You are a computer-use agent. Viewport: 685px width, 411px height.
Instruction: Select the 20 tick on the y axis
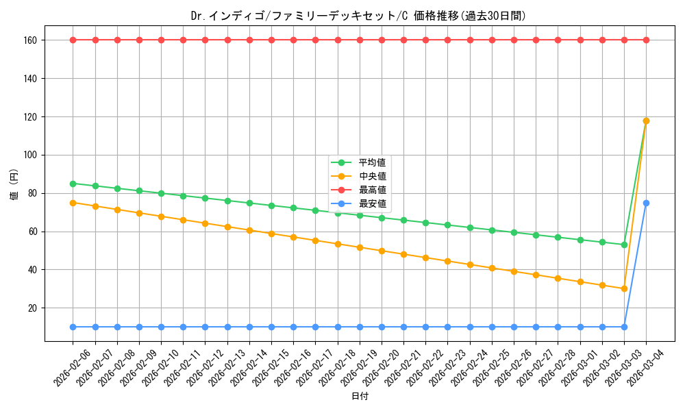pyautogui.click(x=34, y=308)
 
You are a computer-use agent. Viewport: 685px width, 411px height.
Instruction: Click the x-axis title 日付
pyautogui.click(x=360, y=397)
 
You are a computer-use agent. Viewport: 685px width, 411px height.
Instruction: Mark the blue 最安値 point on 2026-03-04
pyautogui.click(x=646, y=203)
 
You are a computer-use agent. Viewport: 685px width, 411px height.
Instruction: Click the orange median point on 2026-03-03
pyautogui.click(x=624, y=288)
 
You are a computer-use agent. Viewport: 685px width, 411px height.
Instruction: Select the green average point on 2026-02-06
pyautogui.click(x=73, y=184)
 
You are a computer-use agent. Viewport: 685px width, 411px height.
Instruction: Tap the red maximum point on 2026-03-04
pyautogui.click(x=646, y=40)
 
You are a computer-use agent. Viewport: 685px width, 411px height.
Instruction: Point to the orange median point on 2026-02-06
pyautogui.click(x=73, y=203)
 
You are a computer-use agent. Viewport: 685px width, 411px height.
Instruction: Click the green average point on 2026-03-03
pyautogui.click(x=624, y=245)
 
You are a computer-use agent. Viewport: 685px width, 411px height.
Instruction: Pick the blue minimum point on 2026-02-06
pyautogui.click(x=73, y=327)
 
